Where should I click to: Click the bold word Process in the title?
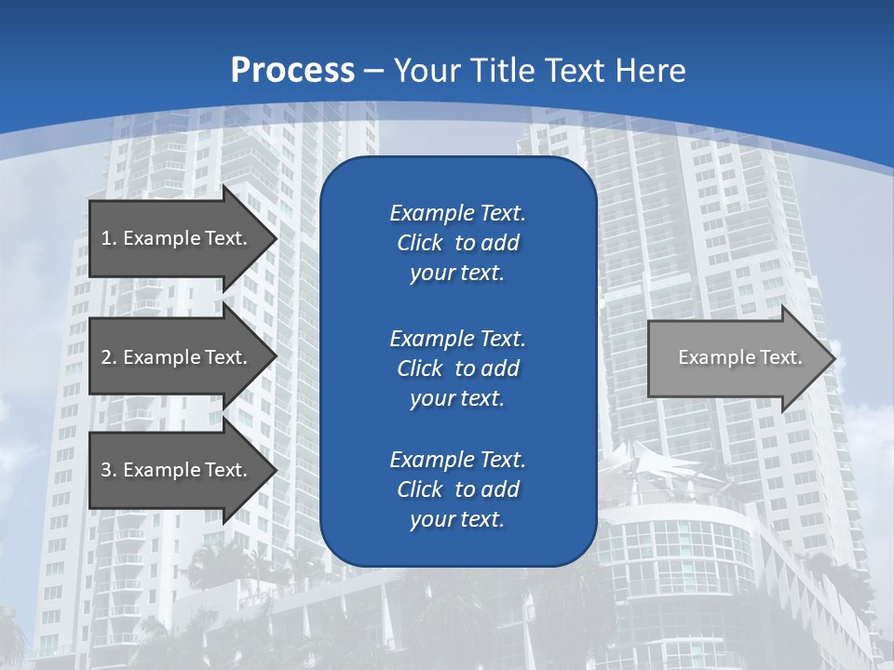(x=292, y=70)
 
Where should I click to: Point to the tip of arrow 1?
(x=276, y=238)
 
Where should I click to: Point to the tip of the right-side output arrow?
(x=834, y=358)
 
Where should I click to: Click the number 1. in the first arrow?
(x=109, y=238)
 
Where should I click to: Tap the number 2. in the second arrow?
(x=109, y=357)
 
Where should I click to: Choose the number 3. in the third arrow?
(x=109, y=470)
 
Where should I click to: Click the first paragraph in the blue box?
(x=457, y=243)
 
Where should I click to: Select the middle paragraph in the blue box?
(x=457, y=368)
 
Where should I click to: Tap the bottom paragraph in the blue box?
(x=457, y=489)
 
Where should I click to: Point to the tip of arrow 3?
(x=276, y=470)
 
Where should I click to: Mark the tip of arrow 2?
(x=276, y=357)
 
